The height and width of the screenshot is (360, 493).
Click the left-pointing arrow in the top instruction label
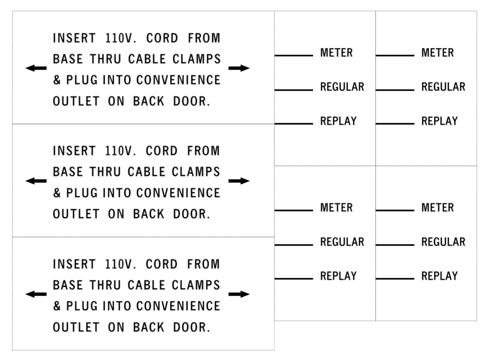click(36, 68)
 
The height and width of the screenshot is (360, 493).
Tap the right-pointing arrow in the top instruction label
click(239, 68)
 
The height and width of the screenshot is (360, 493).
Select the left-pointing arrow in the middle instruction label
click(36, 181)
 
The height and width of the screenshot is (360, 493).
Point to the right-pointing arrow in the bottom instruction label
click(239, 294)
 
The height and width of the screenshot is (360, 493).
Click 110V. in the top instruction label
click(121, 38)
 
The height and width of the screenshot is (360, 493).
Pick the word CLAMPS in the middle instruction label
click(196, 172)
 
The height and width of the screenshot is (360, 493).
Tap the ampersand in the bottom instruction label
click(57, 306)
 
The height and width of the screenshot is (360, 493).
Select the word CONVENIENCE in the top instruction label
click(178, 80)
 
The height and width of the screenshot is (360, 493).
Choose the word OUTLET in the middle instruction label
click(76, 214)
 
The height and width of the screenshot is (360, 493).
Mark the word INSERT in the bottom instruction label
click(75, 264)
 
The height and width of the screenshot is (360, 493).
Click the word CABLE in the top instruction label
click(147, 59)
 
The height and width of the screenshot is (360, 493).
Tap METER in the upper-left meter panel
click(336, 53)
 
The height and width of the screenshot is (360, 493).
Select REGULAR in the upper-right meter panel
click(443, 87)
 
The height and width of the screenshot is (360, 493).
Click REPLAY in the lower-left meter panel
click(338, 276)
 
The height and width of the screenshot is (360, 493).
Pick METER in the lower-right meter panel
click(438, 207)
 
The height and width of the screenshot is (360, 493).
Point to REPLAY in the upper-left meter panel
click(338, 121)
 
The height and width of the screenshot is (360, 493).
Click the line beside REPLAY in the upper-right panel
click(395, 124)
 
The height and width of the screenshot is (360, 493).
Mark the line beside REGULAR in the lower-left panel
click(294, 245)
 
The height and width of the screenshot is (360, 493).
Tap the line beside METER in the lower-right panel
click(395, 210)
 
